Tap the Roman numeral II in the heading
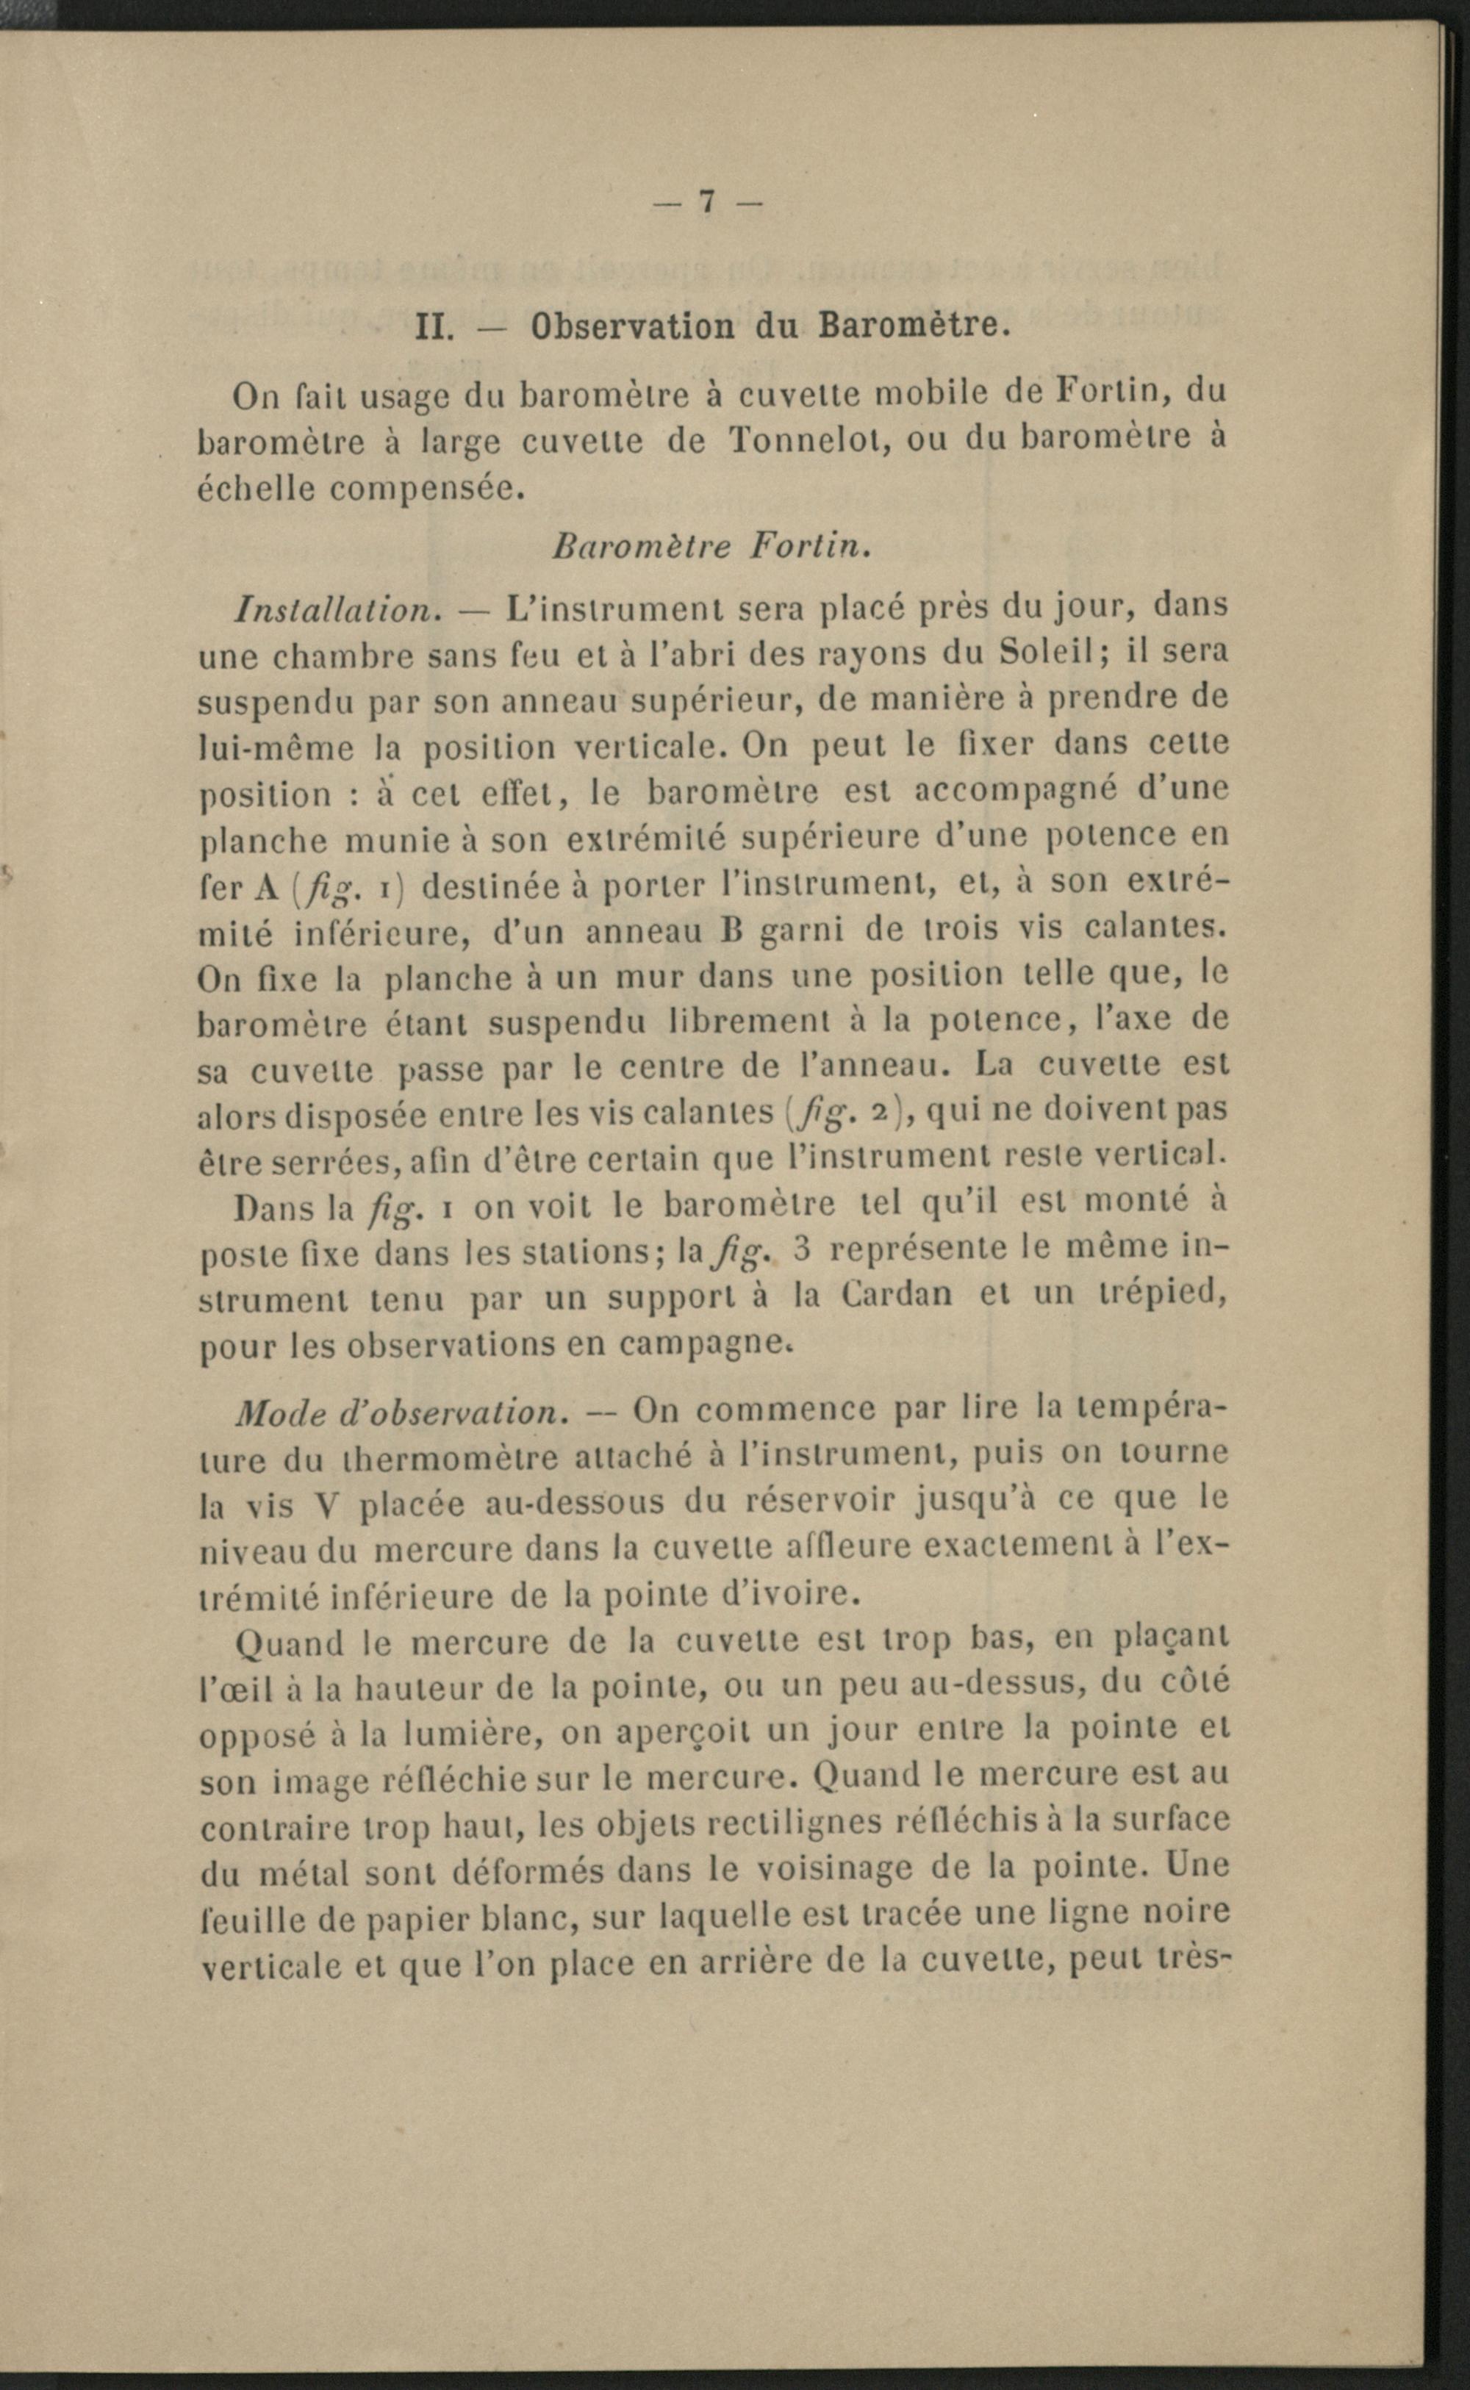(x=430, y=325)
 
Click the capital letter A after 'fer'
(x=265, y=886)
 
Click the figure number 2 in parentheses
(x=897, y=1112)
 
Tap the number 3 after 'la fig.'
(x=802, y=1249)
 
